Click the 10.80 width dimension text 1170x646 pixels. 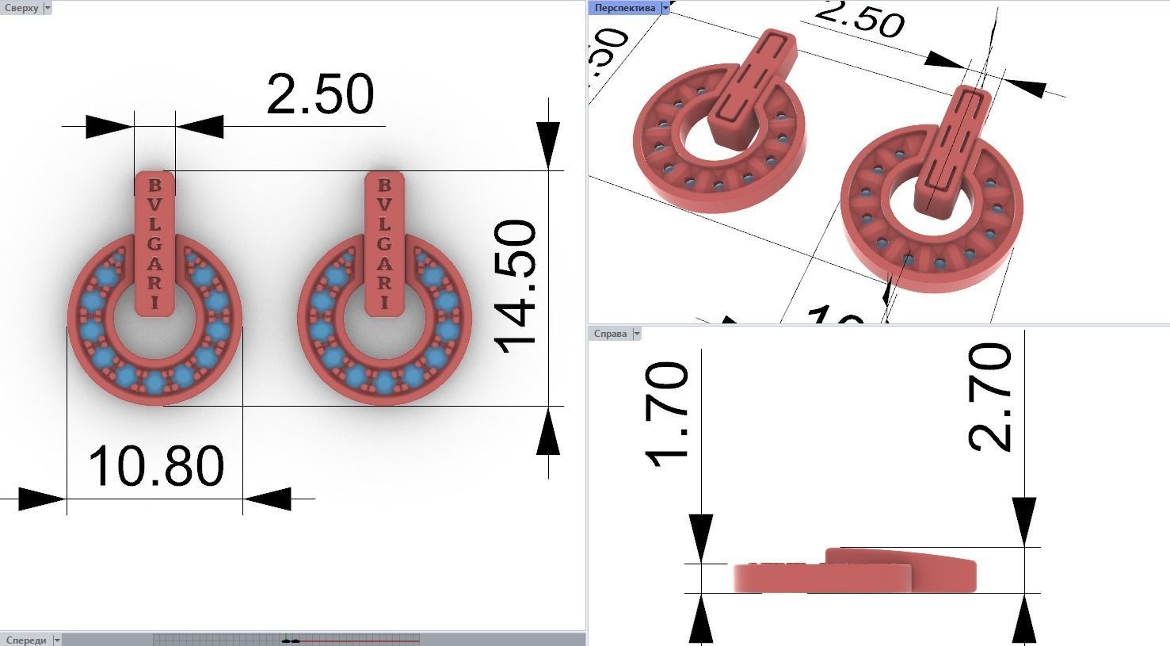click(156, 466)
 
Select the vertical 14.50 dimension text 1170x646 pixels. click(516, 285)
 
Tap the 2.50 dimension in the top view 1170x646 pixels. click(319, 94)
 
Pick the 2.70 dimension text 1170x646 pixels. click(990, 397)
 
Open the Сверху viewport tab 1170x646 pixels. click(21, 8)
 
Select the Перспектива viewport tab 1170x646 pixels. click(624, 8)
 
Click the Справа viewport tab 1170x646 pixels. click(610, 334)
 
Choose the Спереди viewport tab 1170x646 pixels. click(25, 640)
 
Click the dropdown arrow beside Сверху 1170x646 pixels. click(48, 8)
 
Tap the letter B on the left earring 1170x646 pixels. click(155, 185)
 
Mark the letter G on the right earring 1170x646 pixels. click(384, 244)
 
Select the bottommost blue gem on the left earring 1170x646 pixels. click(154, 384)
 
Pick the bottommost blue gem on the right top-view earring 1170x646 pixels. click(384, 384)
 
